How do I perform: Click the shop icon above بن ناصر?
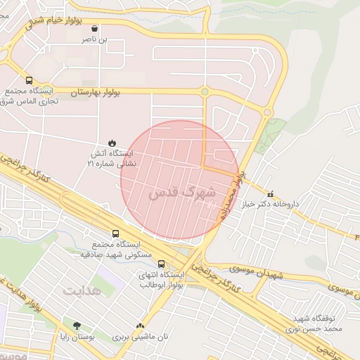click(95, 29)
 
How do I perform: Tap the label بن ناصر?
click(95, 41)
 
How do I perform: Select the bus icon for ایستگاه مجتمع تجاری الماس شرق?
click(29, 80)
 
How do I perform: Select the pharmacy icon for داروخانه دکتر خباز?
click(269, 193)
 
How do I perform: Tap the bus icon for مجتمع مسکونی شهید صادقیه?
click(115, 233)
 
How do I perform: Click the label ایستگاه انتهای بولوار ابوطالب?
click(162, 280)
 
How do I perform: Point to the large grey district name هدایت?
click(82, 290)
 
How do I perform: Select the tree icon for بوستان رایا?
click(77, 326)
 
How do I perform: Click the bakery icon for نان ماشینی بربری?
click(141, 326)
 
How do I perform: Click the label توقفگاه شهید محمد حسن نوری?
click(318, 323)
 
